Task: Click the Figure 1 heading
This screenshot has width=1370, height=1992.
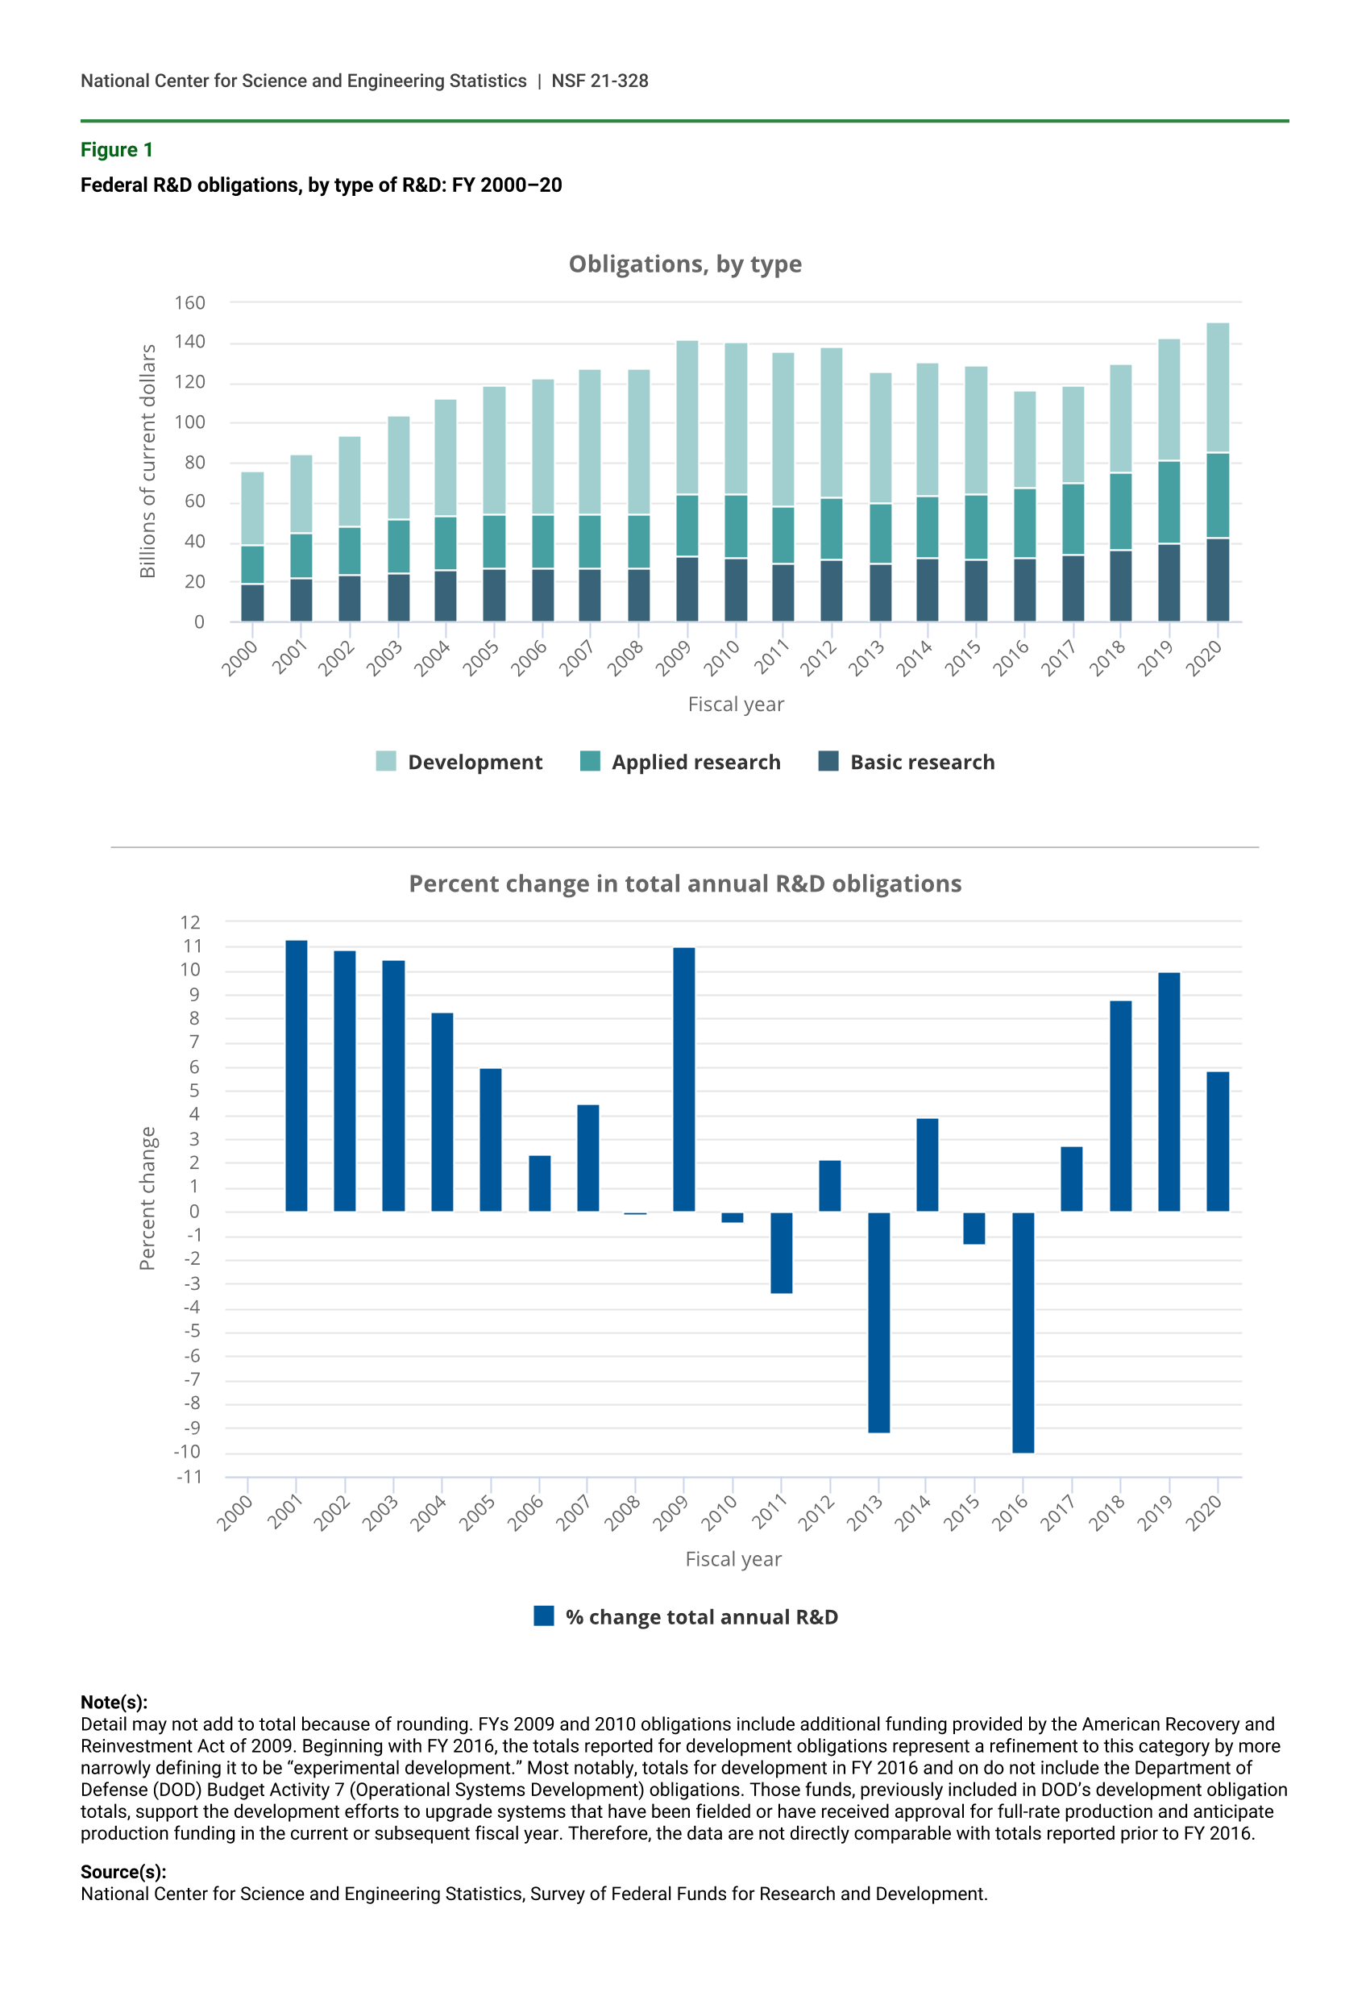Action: (117, 150)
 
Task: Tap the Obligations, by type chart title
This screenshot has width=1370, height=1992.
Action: (684, 264)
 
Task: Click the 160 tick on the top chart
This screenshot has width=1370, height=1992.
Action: (189, 303)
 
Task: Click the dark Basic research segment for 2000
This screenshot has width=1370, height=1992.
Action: (252, 603)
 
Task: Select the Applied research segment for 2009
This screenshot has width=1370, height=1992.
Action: (687, 526)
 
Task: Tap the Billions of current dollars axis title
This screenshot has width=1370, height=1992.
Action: (147, 461)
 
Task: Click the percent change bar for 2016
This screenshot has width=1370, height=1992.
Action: (1023, 1332)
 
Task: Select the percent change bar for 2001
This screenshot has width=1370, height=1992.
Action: (296, 1076)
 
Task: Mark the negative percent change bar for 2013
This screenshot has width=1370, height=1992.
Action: (878, 1321)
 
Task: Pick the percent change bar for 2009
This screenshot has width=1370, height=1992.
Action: (683, 1079)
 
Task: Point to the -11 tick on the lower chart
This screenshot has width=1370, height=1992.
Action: (189, 1477)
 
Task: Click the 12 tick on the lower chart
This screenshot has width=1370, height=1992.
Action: (189, 922)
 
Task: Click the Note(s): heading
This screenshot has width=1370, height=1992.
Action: (114, 1702)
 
